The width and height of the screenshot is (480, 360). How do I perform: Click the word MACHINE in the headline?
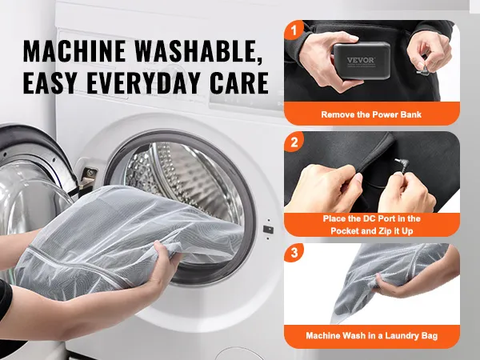tap(74, 51)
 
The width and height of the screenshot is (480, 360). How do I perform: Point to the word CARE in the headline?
tap(238, 82)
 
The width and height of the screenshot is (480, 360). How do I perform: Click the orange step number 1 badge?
tap(294, 30)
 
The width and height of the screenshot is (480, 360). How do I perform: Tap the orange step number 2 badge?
tap(294, 142)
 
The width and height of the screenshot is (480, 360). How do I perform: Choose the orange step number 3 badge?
tap(294, 253)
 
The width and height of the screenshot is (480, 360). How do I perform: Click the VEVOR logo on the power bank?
tap(361, 60)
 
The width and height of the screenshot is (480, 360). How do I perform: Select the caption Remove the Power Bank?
tap(371, 114)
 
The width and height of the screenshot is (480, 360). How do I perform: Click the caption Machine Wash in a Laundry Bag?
tap(372, 335)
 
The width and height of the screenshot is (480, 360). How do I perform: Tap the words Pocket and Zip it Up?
tap(372, 230)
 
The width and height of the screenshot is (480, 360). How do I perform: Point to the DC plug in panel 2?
tap(402, 166)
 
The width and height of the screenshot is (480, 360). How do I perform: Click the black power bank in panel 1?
tap(362, 61)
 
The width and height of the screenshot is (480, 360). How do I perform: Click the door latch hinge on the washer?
tap(88, 177)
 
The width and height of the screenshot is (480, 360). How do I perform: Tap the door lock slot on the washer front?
tap(268, 230)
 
